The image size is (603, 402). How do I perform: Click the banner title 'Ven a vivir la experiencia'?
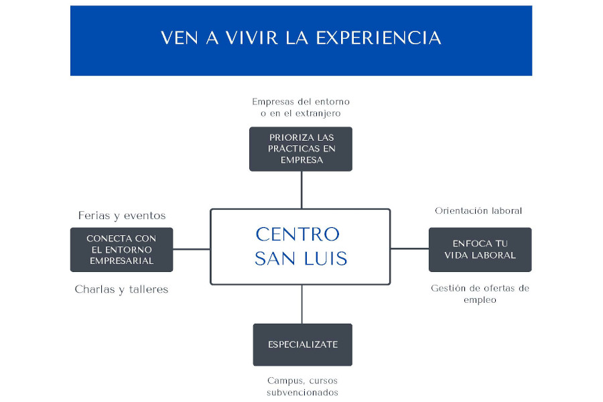(x=301, y=38)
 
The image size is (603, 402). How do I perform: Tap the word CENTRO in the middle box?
(x=297, y=234)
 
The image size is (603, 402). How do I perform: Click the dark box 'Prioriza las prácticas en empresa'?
(x=301, y=149)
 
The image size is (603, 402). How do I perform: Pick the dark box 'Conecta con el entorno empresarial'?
(x=121, y=249)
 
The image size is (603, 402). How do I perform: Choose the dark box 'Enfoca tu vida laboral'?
(x=480, y=249)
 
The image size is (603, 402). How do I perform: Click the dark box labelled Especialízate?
(x=302, y=344)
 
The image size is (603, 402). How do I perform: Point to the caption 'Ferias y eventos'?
(x=122, y=216)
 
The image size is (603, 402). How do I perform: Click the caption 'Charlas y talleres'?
(x=121, y=289)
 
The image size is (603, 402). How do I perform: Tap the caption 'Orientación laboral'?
(x=478, y=210)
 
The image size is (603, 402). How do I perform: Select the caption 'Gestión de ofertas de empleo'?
(x=480, y=293)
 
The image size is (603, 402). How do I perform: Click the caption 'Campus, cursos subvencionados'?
(x=302, y=386)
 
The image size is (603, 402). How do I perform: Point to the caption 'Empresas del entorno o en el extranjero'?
(x=301, y=107)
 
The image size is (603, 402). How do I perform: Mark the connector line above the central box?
(x=301, y=190)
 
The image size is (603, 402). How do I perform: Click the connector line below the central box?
(x=302, y=304)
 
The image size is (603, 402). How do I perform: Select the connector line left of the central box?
(x=192, y=249)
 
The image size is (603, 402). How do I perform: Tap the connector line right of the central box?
(x=409, y=249)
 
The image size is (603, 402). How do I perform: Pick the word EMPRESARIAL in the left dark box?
(x=121, y=261)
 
